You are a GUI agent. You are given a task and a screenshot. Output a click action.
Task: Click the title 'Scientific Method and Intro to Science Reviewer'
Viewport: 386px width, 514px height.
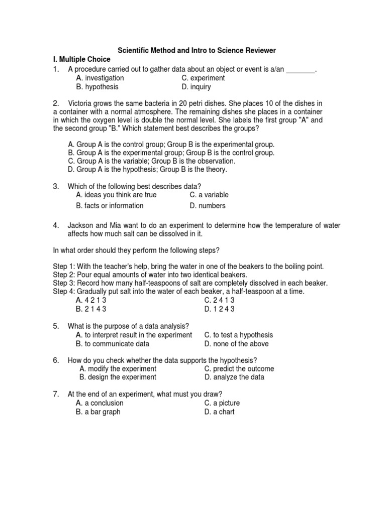tap(197, 51)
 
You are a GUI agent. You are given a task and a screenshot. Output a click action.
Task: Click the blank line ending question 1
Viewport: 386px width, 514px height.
tap(301, 69)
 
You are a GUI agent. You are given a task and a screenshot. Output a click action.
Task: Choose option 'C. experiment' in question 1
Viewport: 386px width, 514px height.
tap(203, 78)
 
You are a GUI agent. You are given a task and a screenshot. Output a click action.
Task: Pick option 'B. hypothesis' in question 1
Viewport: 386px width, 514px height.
tap(98, 87)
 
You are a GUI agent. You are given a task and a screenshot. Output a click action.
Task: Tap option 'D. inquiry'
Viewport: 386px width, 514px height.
tap(196, 87)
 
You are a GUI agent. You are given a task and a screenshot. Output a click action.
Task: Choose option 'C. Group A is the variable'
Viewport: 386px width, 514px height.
tap(151, 161)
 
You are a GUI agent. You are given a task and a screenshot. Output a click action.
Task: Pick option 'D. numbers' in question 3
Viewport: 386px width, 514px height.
tap(208, 206)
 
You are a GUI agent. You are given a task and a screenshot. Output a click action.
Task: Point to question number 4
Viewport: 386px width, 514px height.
tap(56, 226)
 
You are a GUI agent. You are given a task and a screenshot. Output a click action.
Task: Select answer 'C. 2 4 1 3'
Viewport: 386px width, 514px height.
tap(219, 300)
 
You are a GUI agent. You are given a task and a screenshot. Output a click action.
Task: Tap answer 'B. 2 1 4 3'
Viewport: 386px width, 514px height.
tap(91, 309)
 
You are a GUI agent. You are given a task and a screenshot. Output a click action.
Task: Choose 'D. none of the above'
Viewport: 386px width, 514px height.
tap(236, 344)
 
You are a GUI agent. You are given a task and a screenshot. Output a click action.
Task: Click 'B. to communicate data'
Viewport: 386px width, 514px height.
tap(113, 344)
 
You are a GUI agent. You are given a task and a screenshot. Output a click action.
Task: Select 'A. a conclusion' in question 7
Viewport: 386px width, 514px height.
tap(100, 403)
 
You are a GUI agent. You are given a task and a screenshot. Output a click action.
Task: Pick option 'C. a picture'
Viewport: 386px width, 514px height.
tap(222, 403)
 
